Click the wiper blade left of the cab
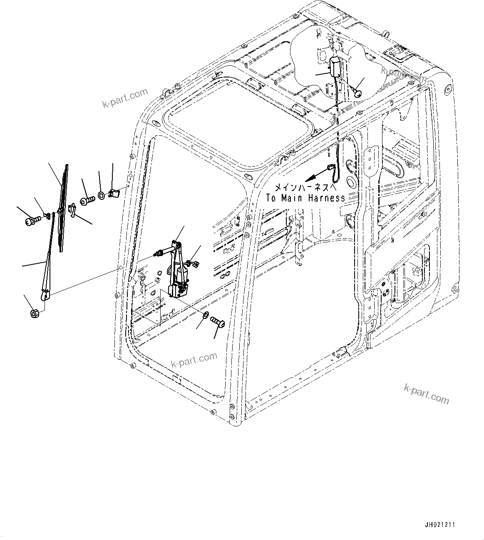pyautogui.click(x=64, y=208)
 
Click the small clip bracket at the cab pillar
pyautogui.click(x=114, y=193)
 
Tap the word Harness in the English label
pyautogui.click(x=327, y=198)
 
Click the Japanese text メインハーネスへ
pyautogui.click(x=306, y=187)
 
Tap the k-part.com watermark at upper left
pyautogui.click(x=125, y=98)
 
